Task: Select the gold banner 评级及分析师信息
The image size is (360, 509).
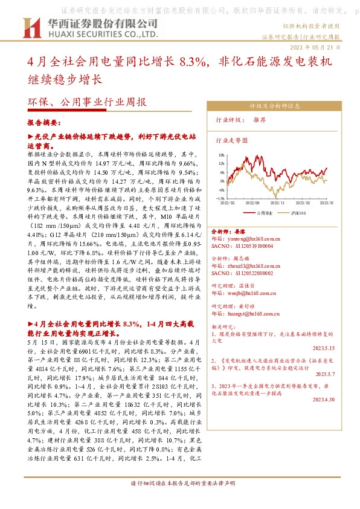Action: pos(274,105)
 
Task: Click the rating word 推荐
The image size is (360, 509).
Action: pos(260,120)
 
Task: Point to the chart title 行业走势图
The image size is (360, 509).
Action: pos(231,140)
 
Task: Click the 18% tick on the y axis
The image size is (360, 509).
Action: pos(221,155)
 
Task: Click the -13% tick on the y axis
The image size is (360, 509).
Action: pos(220,198)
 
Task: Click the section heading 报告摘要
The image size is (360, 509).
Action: pos(42,122)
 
